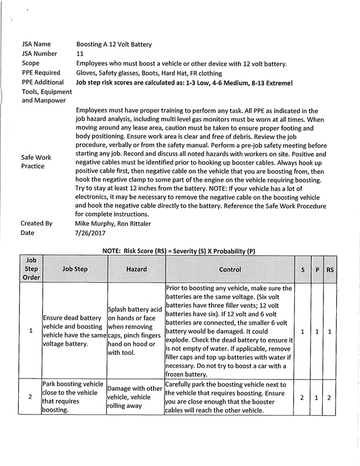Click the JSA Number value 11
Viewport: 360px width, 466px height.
pyautogui.click(x=80, y=54)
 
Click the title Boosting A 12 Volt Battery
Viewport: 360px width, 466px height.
pyautogui.click(x=114, y=44)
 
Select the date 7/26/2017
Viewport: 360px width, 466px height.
pyautogui.click(x=89, y=233)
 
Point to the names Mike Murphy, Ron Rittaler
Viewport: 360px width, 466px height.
pyautogui.click(x=114, y=223)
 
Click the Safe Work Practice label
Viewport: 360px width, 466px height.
pyautogui.click(x=36, y=162)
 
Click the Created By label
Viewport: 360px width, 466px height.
pyautogui.click(x=37, y=223)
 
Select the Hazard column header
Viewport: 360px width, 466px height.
pyautogui.click(x=136, y=269)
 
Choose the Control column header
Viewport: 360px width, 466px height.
pyautogui.click(x=230, y=269)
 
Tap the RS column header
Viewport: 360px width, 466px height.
pyautogui.click(x=330, y=269)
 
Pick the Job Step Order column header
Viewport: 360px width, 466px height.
pyautogui.click(x=31, y=269)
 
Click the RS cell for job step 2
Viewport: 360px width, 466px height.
pyautogui.click(x=330, y=397)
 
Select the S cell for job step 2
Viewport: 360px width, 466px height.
pyautogui.click(x=302, y=397)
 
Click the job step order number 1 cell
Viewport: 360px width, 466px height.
pyautogui.click(x=31, y=331)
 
